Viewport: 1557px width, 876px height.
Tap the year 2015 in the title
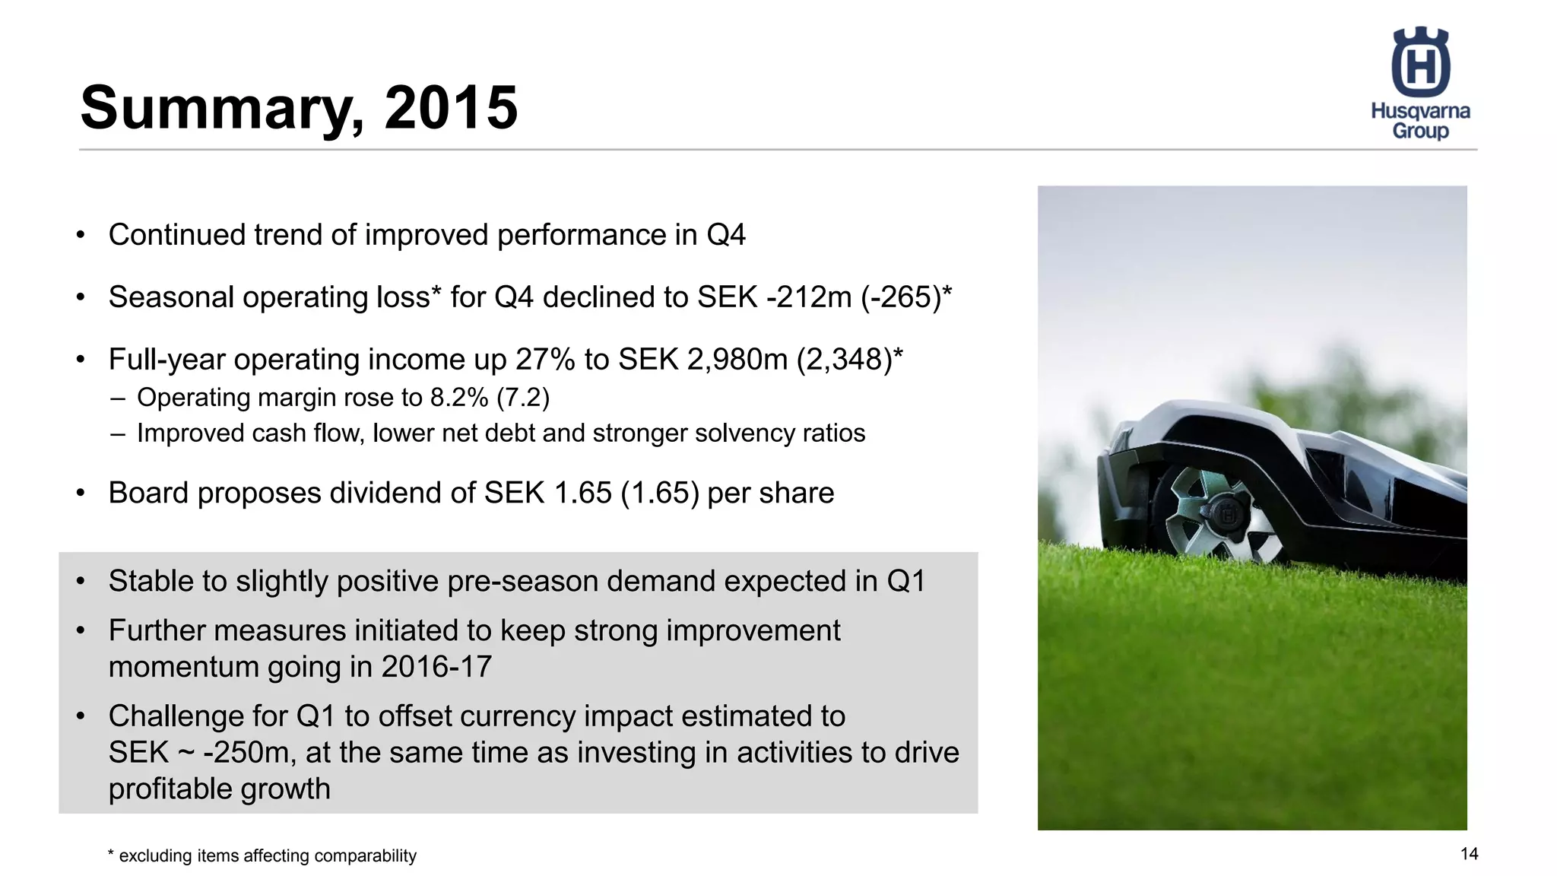click(x=451, y=107)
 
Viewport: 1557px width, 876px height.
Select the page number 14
click(x=1469, y=854)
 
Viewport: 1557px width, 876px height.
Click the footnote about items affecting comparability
click(x=262, y=856)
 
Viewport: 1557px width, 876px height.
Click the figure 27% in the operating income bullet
click(x=545, y=360)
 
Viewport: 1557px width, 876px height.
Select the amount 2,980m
click(x=737, y=360)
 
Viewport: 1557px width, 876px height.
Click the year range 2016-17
click(x=436, y=667)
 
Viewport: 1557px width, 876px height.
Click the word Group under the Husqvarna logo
click(x=1420, y=131)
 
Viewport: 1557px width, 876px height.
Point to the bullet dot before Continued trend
click(x=81, y=235)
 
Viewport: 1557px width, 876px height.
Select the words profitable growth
click(x=219, y=789)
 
